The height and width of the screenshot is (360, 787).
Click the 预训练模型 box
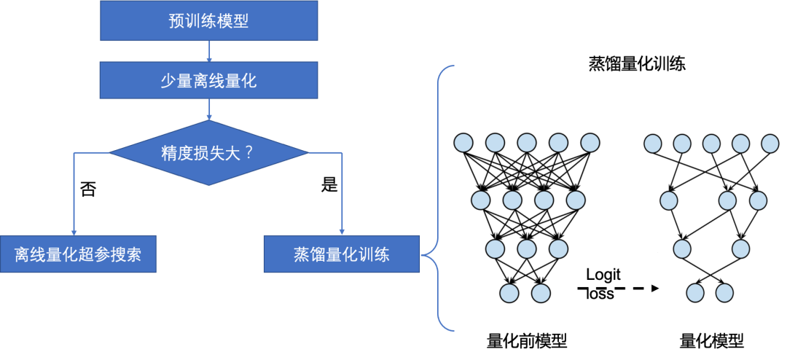(208, 20)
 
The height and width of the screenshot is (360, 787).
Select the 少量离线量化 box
(208, 80)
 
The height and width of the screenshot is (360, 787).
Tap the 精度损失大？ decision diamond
(208, 153)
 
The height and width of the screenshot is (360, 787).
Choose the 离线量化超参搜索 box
(77, 254)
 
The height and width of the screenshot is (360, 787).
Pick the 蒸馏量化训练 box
(341, 254)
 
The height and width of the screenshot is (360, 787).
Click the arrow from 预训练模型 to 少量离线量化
(209, 51)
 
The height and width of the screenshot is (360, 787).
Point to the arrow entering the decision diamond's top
(209, 111)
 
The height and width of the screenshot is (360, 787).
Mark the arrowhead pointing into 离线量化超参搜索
(74, 230)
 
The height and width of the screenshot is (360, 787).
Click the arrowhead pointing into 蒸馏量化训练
(342, 230)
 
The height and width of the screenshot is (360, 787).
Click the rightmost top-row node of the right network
(770, 143)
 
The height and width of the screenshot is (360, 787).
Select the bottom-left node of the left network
(509, 293)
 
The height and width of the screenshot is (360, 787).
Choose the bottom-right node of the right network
(724, 293)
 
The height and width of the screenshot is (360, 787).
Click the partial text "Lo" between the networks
(595, 275)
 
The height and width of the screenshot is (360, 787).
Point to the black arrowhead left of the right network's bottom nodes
(654, 289)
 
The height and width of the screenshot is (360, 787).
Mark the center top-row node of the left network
(527, 143)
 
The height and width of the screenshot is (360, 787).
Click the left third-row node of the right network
(682, 249)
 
